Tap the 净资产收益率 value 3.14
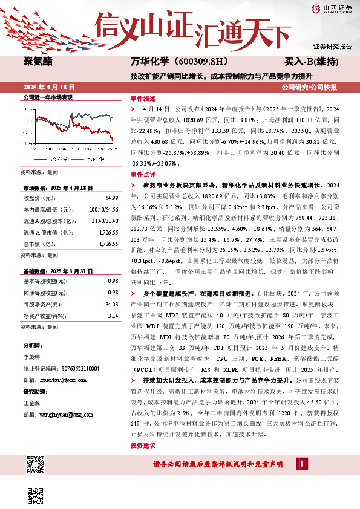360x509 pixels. pyautogui.click(x=113, y=316)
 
